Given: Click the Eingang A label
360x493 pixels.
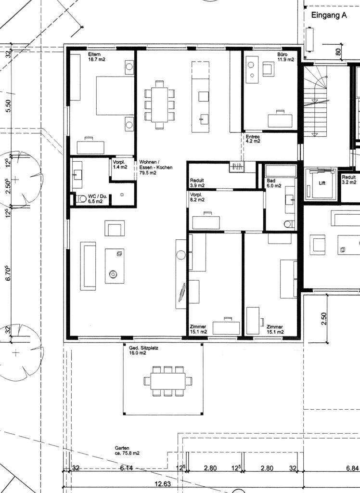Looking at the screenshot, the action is tap(329, 15).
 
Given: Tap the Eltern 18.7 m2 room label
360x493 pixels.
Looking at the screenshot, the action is tap(97, 57).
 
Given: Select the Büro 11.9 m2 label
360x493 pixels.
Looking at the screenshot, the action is tap(285, 57).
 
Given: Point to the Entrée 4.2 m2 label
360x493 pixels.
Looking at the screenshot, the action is tap(253, 139).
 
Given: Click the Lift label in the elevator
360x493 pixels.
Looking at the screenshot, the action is tap(322, 183).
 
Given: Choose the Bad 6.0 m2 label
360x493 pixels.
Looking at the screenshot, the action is tap(274, 183).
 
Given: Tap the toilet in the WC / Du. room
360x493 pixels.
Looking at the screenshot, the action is tap(82, 199).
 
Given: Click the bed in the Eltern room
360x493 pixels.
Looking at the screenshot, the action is tap(115, 95).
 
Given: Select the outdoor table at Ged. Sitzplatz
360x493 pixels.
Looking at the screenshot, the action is tap(168, 381).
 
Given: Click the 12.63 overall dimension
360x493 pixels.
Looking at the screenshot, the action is tap(163, 483).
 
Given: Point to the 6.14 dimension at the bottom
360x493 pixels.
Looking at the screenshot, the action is tap(126, 468).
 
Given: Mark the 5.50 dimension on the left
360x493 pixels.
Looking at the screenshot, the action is tap(9, 105).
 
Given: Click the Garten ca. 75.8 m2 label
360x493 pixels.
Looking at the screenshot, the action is tap(127, 451).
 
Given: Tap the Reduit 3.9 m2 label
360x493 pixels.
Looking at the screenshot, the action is tap(197, 183).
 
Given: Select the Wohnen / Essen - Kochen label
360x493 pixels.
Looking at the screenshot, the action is tap(156, 167).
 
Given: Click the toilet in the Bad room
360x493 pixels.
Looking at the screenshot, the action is tap(289, 224).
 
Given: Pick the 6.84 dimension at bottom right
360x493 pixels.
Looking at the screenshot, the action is tap(352, 468).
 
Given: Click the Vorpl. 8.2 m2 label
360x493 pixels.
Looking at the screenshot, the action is tap(197, 197).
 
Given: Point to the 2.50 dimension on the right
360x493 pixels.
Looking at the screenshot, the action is tap(324, 319).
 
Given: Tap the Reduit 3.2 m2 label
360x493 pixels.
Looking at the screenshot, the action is tap(349, 180).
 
